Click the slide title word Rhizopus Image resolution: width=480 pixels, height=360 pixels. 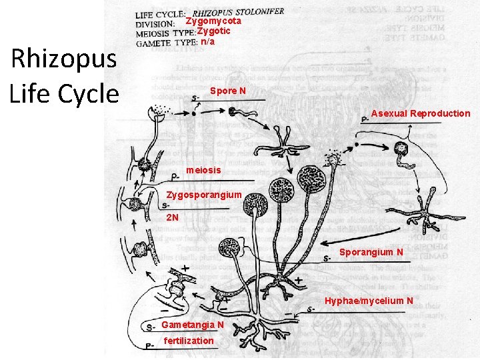(64, 61)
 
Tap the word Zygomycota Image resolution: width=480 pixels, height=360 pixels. (213, 21)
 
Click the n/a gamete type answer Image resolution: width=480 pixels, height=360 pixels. (208, 41)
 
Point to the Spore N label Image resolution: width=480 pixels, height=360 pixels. (227, 90)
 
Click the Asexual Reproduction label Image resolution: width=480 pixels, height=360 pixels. (420, 113)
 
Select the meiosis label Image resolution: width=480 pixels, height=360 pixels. (203, 171)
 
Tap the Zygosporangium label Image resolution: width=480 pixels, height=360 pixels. (203, 195)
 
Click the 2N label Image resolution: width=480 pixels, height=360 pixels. (173, 218)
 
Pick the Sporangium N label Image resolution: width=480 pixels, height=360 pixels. (371, 253)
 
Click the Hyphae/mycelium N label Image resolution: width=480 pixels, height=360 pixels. (369, 301)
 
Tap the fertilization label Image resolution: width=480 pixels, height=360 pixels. (189, 341)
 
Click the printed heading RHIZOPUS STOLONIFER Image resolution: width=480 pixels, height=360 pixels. (238, 11)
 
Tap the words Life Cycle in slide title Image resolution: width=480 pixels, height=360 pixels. (64, 93)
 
